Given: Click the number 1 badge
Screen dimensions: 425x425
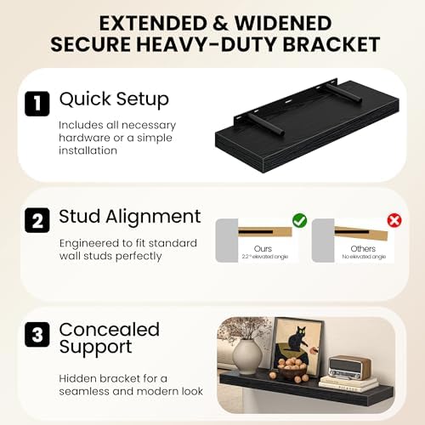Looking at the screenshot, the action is pos(37,104).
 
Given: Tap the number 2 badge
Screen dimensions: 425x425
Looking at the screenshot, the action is pos(37,220).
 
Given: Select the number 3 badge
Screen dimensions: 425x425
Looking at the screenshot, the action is pos(37,334).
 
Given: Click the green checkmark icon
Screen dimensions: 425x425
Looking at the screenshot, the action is pos(299,220).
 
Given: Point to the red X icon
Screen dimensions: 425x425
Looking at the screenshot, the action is pos(394,220).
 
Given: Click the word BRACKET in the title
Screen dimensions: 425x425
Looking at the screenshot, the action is pos(331,44).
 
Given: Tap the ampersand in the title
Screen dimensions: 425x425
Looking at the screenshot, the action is pos(221,23).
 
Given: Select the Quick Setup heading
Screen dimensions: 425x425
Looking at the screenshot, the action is pos(114,99).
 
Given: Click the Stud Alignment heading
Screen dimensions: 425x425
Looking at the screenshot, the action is pos(130,217).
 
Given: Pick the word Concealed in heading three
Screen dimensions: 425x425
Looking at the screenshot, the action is pos(110,330).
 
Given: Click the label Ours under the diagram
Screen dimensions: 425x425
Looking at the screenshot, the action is pos(263,248).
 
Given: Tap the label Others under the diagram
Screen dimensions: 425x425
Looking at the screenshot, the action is pos(363,248).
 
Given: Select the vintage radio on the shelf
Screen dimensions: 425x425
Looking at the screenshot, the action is pos(349,367).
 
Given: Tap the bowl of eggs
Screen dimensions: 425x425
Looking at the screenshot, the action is pos(292,368).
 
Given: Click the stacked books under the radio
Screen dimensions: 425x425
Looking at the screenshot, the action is pos(348,384).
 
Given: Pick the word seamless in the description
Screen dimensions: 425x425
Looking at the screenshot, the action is pos(83,391).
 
